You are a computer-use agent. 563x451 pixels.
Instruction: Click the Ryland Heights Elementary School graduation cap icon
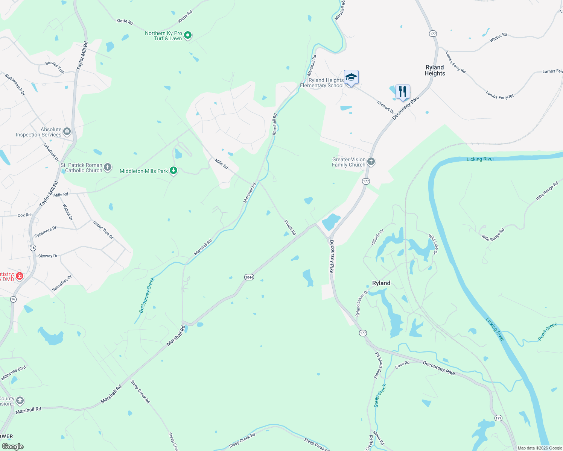pos(351,77)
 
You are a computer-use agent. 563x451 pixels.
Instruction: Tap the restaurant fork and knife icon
pos(403,91)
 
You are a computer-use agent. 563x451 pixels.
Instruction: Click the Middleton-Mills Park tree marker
pos(173,171)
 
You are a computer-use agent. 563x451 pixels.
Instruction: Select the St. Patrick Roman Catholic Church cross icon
pos(108,167)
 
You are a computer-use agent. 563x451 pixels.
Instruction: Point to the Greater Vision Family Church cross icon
pos(371,162)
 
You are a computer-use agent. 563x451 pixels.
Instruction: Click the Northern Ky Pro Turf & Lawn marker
pos(188,36)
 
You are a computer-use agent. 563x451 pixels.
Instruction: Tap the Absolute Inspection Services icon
pos(67,131)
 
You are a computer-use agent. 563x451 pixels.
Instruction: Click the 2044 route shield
pos(249,277)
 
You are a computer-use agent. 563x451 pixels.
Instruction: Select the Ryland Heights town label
pos(435,70)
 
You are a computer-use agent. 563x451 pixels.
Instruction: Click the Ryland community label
pos(381,283)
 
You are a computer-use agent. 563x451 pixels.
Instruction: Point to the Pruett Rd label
pos(290,228)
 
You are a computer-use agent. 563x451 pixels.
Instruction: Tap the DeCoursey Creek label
pos(147,295)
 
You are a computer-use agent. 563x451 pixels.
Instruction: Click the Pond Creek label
pos(547,331)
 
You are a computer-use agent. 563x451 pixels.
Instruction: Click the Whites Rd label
pos(498,38)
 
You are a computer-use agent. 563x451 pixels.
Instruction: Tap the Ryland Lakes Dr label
pos(362,303)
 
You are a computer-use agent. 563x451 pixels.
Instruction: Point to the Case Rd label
pos(402,364)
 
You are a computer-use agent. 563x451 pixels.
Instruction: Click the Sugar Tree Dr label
pos(103,230)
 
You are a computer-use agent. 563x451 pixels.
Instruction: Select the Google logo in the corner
pos(13,446)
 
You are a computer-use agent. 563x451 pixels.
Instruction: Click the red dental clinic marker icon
pos(20,276)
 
